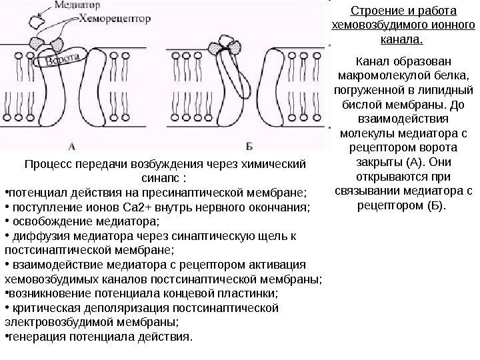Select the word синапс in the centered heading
[x=159, y=179]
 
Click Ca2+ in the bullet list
[x=124, y=207]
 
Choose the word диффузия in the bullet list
[x=37, y=236]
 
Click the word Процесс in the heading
[x=45, y=164]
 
